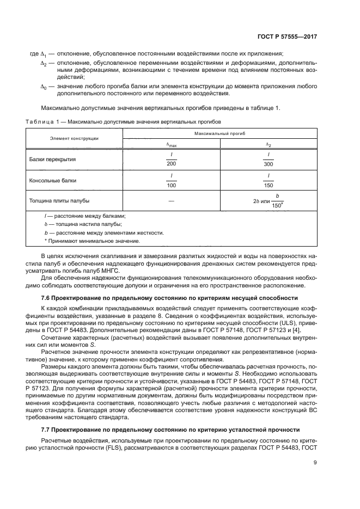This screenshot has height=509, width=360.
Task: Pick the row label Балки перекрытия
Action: pyautogui.click(x=53, y=160)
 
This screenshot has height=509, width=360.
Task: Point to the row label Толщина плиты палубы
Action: pyautogui.click(x=59, y=201)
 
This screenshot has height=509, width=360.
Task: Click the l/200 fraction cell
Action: pyautogui.click(x=171, y=160)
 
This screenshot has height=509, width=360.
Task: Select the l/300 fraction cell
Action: pyautogui.click(x=268, y=160)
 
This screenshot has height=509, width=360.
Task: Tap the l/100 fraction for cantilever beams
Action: pyautogui.click(x=171, y=180)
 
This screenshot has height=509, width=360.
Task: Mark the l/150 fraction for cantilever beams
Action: pyautogui.click(x=268, y=180)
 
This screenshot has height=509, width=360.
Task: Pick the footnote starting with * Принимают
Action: pyautogui.click(x=84, y=241)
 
